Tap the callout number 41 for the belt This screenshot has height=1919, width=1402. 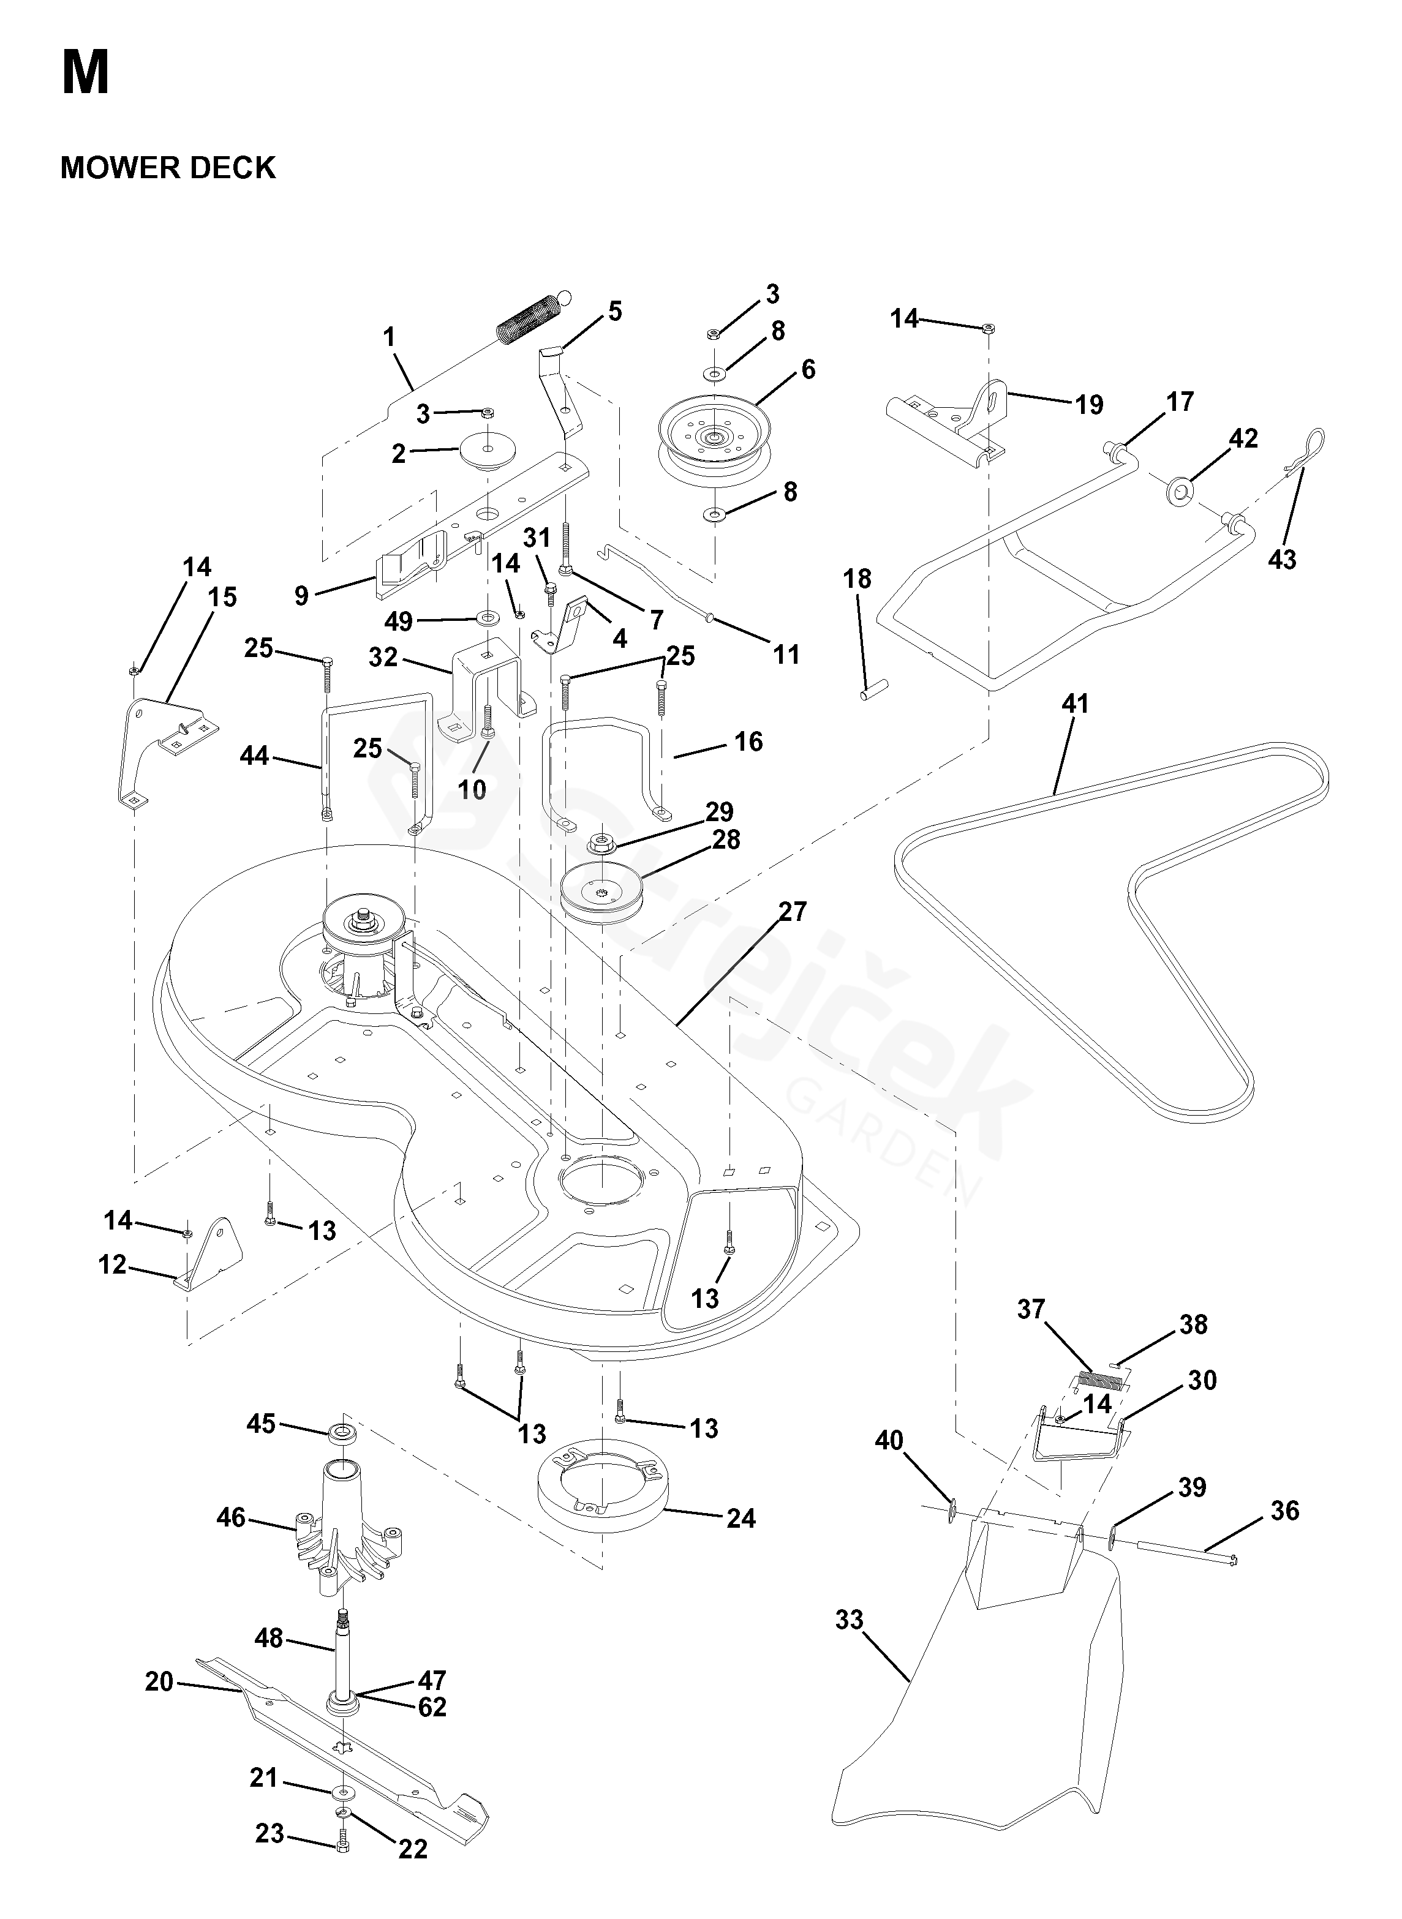(x=1074, y=704)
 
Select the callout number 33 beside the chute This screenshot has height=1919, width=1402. (x=849, y=1620)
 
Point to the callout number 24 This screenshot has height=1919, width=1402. (x=741, y=1518)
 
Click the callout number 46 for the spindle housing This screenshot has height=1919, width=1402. (x=232, y=1517)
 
